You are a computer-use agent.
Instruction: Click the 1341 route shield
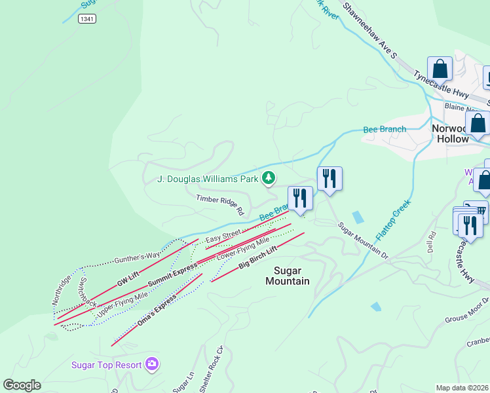pyautogui.click(x=86, y=19)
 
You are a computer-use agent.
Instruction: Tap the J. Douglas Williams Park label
pyautogui.click(x=208, y=178)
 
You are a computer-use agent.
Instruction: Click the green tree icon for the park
pyautogui.click(x=268, y=178)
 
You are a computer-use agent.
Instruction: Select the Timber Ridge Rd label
pyautogui.click(x=219, y=204)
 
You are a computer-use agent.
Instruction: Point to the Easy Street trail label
pyautogui.click(x=223, y=236)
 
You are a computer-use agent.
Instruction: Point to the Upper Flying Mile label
pyautogui.click(x=122, y=305)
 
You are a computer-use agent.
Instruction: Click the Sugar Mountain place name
pyautogui.click(x=287, y=275)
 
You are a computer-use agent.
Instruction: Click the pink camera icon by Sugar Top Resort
pyautogui.click(x=152, y=364)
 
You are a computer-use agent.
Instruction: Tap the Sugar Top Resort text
pyautogui.click(x=107, y=364)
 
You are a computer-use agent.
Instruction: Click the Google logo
pyautogui.click(x=22, y=385)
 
